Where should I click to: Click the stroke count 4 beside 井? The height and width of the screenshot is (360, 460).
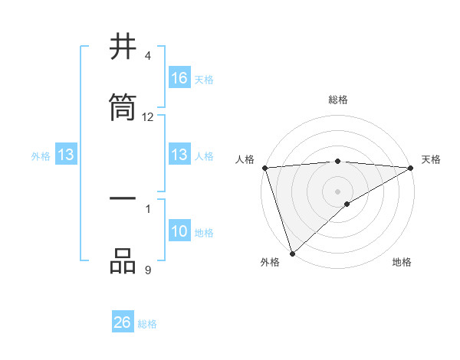click(148, 56)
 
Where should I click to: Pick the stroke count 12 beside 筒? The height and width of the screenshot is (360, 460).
click(148, 117)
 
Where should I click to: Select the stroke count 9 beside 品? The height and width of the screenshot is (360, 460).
click(148, 269)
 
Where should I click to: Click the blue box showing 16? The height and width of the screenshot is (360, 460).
click(179, 78)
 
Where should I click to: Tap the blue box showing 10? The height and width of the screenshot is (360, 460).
click(179, 232)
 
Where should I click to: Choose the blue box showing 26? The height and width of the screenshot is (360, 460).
click(123, 322)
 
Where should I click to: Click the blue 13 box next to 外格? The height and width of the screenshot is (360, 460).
click(66, 155)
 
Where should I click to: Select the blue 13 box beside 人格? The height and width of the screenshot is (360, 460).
click(179, 155)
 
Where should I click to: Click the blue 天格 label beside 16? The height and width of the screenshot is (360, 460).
click(204, 79)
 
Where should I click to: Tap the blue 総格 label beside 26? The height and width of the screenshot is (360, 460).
click(147, 324)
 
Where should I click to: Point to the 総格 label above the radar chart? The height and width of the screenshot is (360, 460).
click(338, 100)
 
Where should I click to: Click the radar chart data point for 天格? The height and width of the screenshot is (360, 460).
click(411, 168)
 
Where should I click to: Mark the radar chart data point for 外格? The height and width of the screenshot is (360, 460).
click(292, 253)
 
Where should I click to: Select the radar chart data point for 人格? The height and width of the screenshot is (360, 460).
click(264, 168)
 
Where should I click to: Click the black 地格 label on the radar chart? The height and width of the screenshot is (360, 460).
click(402, 262)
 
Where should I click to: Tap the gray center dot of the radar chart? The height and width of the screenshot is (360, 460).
click(338, 191)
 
